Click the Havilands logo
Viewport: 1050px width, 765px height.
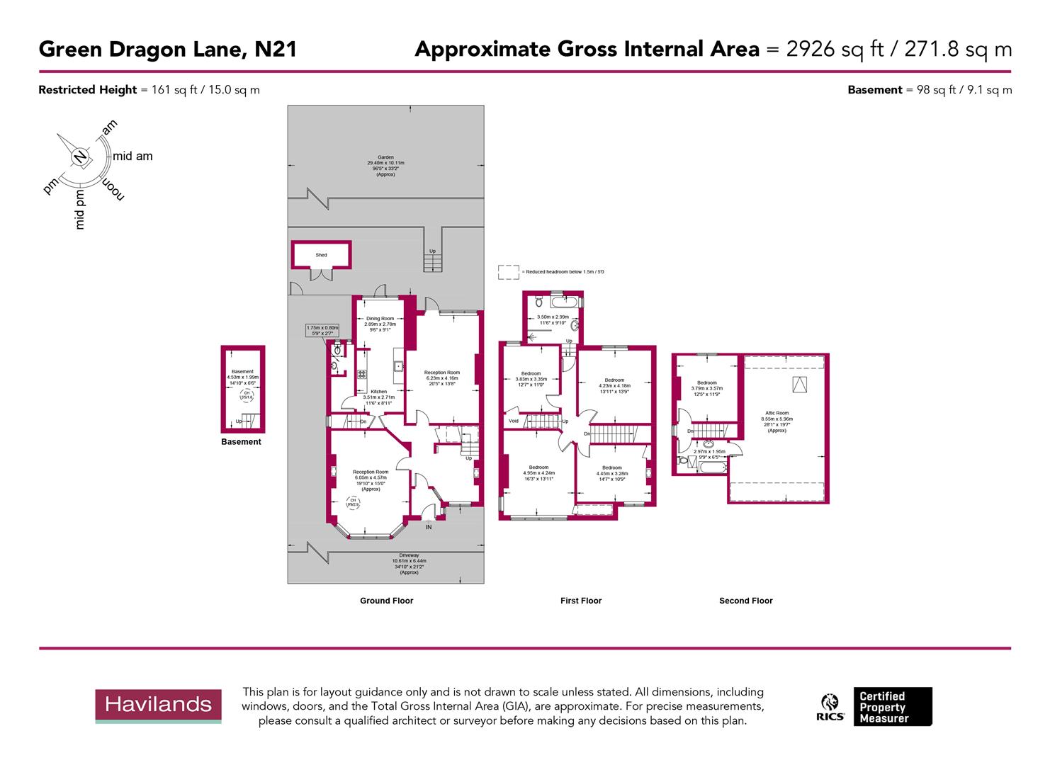158,705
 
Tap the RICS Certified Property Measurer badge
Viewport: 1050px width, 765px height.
876,707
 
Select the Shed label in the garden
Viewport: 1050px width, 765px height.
321,255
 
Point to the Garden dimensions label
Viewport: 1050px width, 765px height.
385,166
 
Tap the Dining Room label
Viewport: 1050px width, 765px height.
380,324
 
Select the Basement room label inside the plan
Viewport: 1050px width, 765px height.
242,375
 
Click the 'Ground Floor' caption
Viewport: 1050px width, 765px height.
386,601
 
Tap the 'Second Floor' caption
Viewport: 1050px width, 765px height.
745,601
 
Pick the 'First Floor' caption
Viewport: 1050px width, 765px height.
580,601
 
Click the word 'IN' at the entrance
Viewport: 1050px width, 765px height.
428,527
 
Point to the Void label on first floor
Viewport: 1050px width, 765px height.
514,421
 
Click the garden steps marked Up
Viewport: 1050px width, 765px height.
432,261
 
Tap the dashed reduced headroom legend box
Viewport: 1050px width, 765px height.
508,272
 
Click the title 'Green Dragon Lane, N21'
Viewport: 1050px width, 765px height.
167,50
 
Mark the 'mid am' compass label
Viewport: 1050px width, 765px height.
132,157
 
